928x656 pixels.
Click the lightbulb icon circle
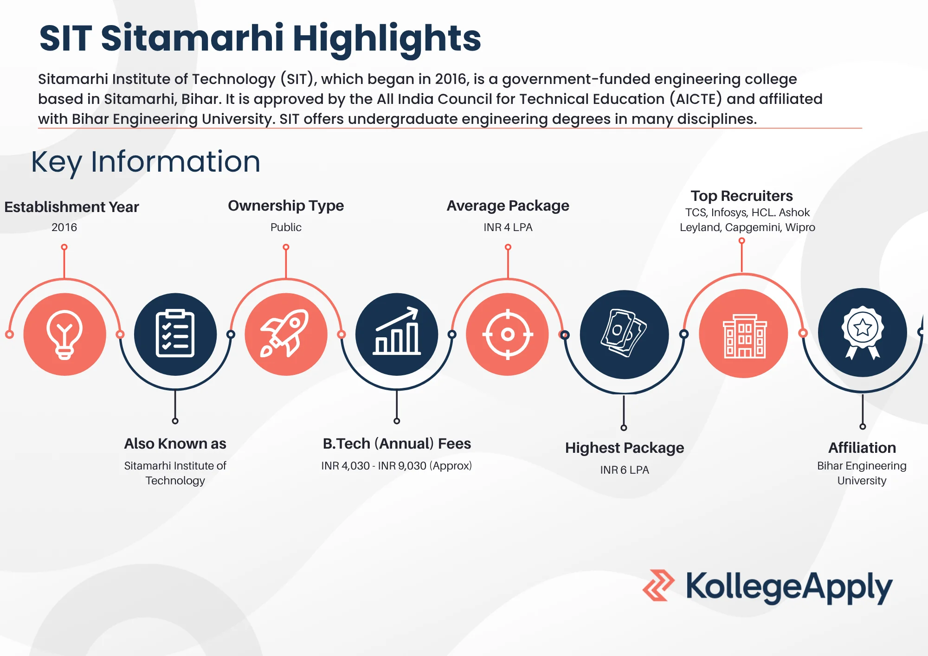(64, 334)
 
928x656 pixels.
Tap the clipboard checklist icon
(175, 334)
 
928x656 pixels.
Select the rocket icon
(286, 334)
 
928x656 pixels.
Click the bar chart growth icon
(397, 334)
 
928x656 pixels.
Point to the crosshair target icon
(508, 334)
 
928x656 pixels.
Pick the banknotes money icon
(624, 334)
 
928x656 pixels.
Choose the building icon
(744, 334)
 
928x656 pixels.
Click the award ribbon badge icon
(862, 333)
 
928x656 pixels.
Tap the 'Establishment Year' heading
(71, 207)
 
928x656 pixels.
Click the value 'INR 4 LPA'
(508, 227)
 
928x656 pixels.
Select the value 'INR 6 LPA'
(624, 470)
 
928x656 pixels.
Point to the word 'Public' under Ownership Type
(286, 227)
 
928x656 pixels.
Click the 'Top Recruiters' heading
(741, 196)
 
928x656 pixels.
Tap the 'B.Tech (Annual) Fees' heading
(397, 444)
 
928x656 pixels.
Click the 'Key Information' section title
(146, 162)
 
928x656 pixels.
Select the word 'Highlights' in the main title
(387, 38)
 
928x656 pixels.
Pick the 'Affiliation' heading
(862, 448)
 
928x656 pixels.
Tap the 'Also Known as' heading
(175, 444)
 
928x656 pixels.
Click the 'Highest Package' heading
(624, 448)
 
